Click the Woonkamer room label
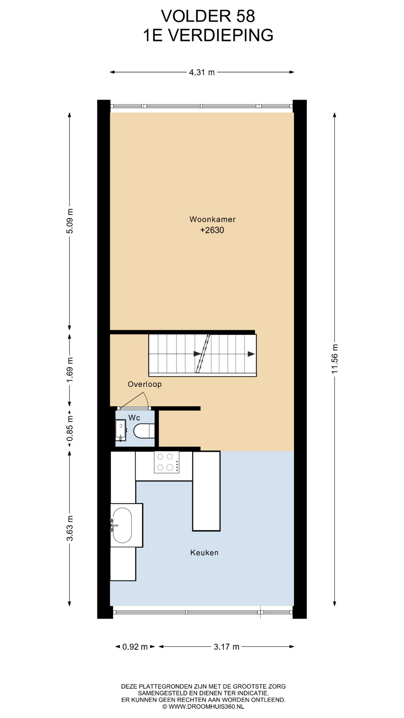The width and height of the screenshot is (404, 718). pos(212,220)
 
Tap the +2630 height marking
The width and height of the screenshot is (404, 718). pos(212,230)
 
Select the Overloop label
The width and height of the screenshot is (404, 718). pos(145,384)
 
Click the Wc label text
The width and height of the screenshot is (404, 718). pos(134,418)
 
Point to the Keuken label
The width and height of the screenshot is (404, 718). pos(204,553)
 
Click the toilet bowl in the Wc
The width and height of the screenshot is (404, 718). pos(144,431)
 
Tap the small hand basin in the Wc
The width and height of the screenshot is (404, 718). pos(120,430)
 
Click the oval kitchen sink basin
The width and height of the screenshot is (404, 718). pos(122,525)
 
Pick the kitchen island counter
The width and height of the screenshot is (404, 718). pos(206,491)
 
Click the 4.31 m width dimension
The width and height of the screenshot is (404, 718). pos(202,73)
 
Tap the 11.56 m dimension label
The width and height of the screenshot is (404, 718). pos(334,359)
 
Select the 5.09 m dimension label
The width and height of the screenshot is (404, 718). pos(70,221)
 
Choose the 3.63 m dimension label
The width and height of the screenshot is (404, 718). pos(70,528)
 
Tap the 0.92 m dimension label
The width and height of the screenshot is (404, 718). pos(135,647)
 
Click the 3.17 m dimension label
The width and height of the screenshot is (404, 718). pos(227,647)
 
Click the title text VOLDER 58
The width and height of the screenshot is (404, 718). pos(208,16)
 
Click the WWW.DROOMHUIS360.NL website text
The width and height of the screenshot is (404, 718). pos(203,706)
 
